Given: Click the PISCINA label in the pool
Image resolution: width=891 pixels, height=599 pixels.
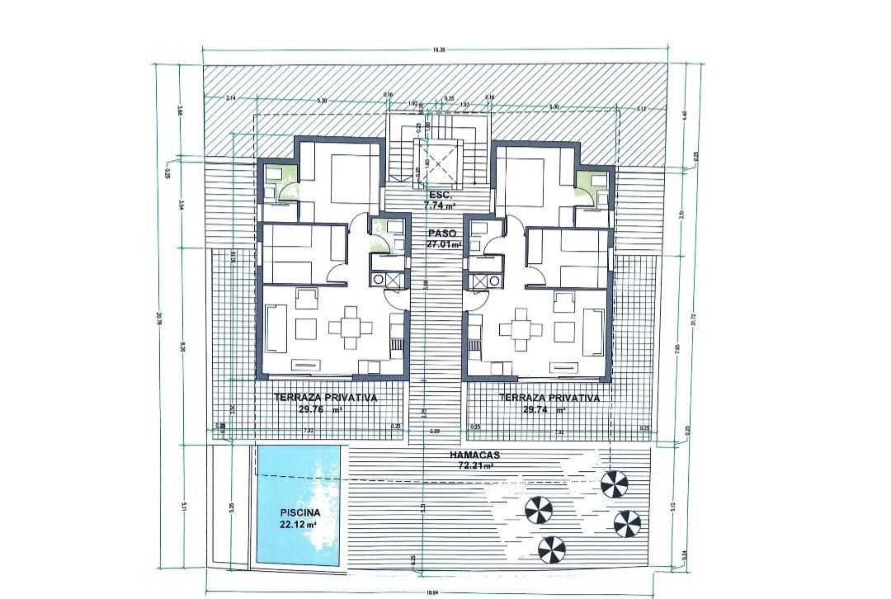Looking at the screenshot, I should [x=294, y=512].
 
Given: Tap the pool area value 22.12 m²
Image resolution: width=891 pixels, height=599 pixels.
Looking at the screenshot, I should [x=298, y=523].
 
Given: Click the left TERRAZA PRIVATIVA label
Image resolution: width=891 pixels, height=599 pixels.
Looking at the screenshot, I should [x=325, y=398].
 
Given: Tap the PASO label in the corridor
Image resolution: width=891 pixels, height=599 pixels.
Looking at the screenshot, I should [x=442, y=233].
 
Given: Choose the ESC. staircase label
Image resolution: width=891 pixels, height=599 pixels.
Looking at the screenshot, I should [x=441, y=195].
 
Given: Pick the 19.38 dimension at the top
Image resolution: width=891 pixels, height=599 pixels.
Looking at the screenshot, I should [x=439, y=50].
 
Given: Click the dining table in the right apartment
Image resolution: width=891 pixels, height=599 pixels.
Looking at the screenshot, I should [x=521, y=328].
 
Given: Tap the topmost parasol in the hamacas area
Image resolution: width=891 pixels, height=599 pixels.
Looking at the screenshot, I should [x=613, y=484].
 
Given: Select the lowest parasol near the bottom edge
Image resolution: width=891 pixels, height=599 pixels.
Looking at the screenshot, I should [x=552, y=548].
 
